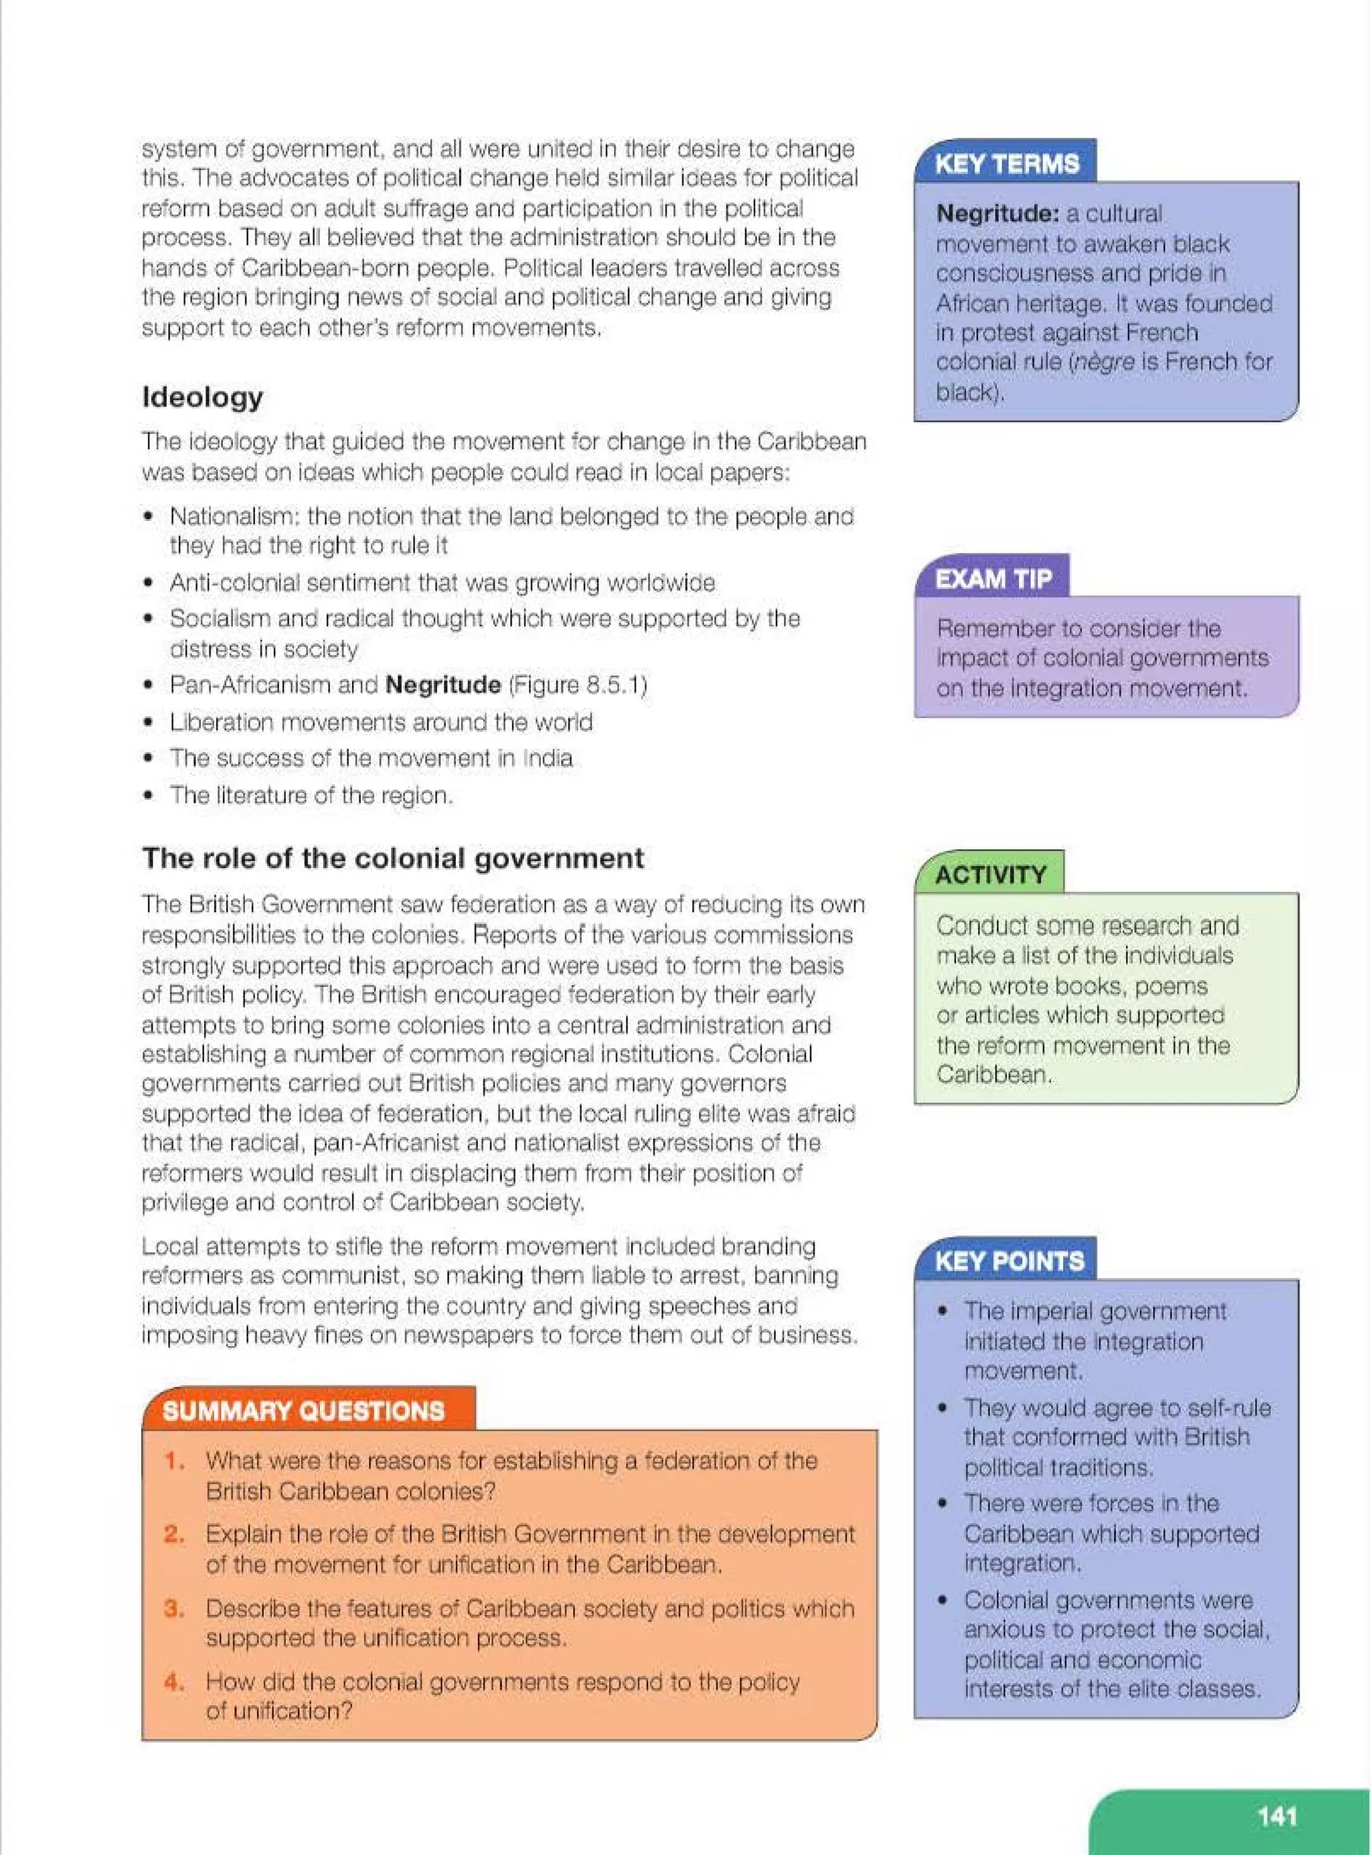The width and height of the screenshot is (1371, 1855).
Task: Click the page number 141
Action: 1277,1816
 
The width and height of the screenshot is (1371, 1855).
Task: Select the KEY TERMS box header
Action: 1006,163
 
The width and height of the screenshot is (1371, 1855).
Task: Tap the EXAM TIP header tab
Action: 993,579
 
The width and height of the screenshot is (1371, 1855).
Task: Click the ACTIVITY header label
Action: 990,875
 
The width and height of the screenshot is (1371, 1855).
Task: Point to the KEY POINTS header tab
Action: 1008,1262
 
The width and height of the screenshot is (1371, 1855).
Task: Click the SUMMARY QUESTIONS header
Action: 304,1411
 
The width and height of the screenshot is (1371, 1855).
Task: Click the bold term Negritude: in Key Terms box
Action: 997,214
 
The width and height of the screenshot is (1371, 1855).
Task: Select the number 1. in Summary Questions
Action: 174,1461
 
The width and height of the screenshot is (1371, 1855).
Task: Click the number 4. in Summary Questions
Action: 174,1682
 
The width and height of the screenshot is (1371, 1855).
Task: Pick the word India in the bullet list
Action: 548,759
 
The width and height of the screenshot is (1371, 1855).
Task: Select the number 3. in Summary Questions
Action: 174,1609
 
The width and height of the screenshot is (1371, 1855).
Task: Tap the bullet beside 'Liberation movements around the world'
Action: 149,722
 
